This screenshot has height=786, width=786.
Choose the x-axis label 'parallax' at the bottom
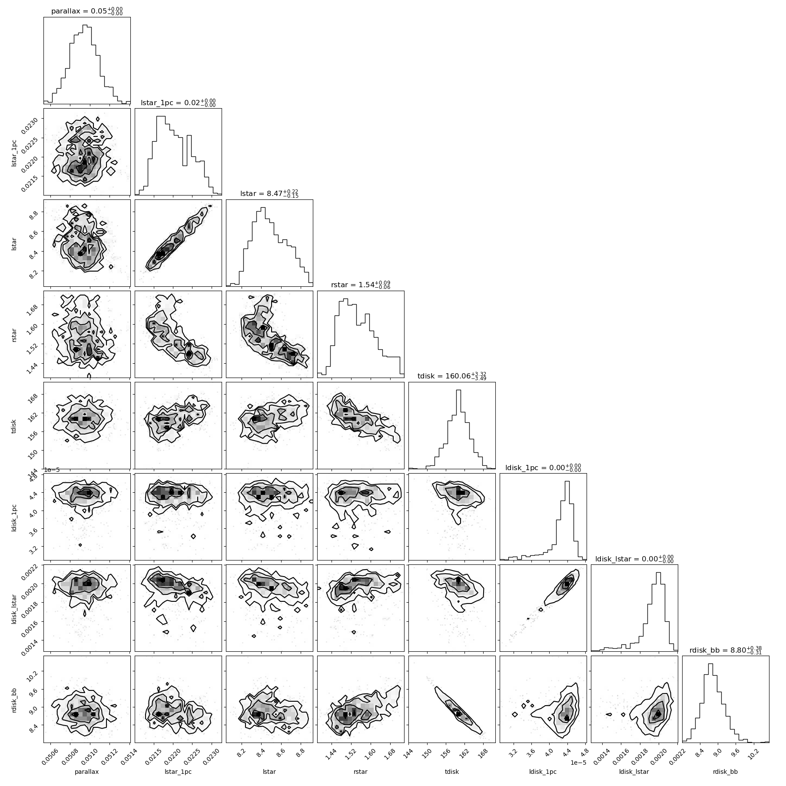click(x=87, y=772)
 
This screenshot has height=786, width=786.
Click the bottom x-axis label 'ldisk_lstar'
click(x=634, y=772)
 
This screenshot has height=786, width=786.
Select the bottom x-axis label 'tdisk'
click(x=452, y=772)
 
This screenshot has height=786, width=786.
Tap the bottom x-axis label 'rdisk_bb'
click(x=726, y=772)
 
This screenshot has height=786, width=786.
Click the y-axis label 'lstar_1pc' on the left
click(x=15, y=152)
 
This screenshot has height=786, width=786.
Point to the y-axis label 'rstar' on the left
click(x=15, y=334)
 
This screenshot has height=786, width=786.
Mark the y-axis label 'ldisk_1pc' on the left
click(x=15, y=517)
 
